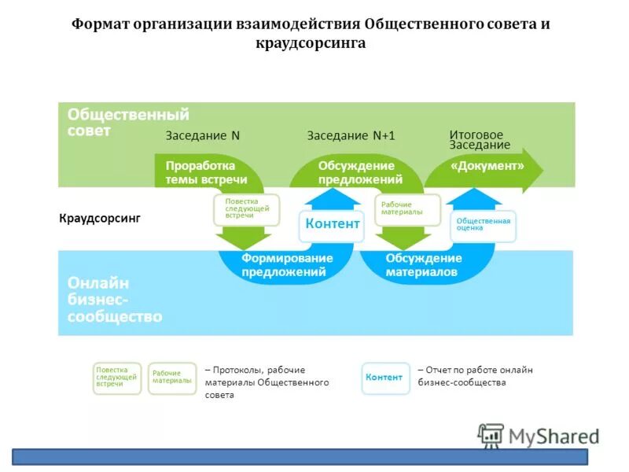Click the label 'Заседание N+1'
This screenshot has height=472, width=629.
351,135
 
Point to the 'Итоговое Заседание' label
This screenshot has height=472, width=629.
480,140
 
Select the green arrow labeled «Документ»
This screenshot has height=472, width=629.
487,167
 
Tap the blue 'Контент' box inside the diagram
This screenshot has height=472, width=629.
332,224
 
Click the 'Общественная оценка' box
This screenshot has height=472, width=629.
483,225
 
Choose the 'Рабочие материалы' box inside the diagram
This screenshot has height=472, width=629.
406,209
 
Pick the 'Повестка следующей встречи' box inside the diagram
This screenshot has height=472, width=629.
247,208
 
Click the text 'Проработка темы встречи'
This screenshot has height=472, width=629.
200,173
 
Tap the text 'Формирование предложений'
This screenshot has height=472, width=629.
287,265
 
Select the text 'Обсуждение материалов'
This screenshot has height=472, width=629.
423,265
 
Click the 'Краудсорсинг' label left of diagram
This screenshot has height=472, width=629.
100,218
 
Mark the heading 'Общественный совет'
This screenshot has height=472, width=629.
127,123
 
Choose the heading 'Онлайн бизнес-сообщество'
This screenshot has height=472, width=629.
115,300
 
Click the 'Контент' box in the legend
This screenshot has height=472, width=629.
385,378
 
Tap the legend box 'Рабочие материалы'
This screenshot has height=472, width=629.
171,378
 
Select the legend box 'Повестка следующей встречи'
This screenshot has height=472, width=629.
117,378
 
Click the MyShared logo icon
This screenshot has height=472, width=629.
491,435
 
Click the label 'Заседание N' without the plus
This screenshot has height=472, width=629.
202,135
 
